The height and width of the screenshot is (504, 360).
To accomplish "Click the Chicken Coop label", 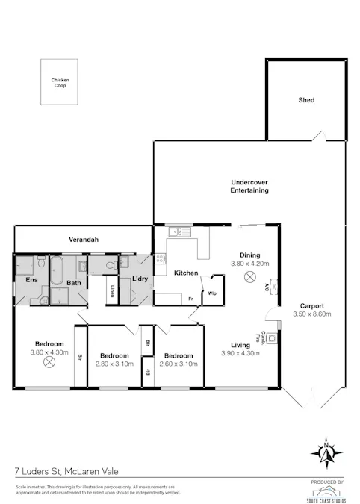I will pyautogui.click(x=59, y=83).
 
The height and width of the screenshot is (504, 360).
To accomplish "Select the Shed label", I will pyautogui.click(x=306, y=100).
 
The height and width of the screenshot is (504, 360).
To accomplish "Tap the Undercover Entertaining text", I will pyautogui.click(x=249, y=187).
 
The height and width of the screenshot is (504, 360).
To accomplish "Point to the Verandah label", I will pyautogui.click(x=84, y=240).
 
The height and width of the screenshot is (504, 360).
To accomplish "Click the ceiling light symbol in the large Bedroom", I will pyautogui.click(x=49, y=362).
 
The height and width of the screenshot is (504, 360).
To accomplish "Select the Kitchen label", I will pyautogui.click(x=186, y=273).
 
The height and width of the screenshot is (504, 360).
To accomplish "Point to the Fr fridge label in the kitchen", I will pyautogui.click(x=191, y=299).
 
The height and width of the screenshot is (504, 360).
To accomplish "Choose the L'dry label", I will pyautogui.click(x=140, y=279).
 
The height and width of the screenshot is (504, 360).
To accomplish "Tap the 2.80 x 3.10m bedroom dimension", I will pyautogui.click(x=115, y=364).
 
